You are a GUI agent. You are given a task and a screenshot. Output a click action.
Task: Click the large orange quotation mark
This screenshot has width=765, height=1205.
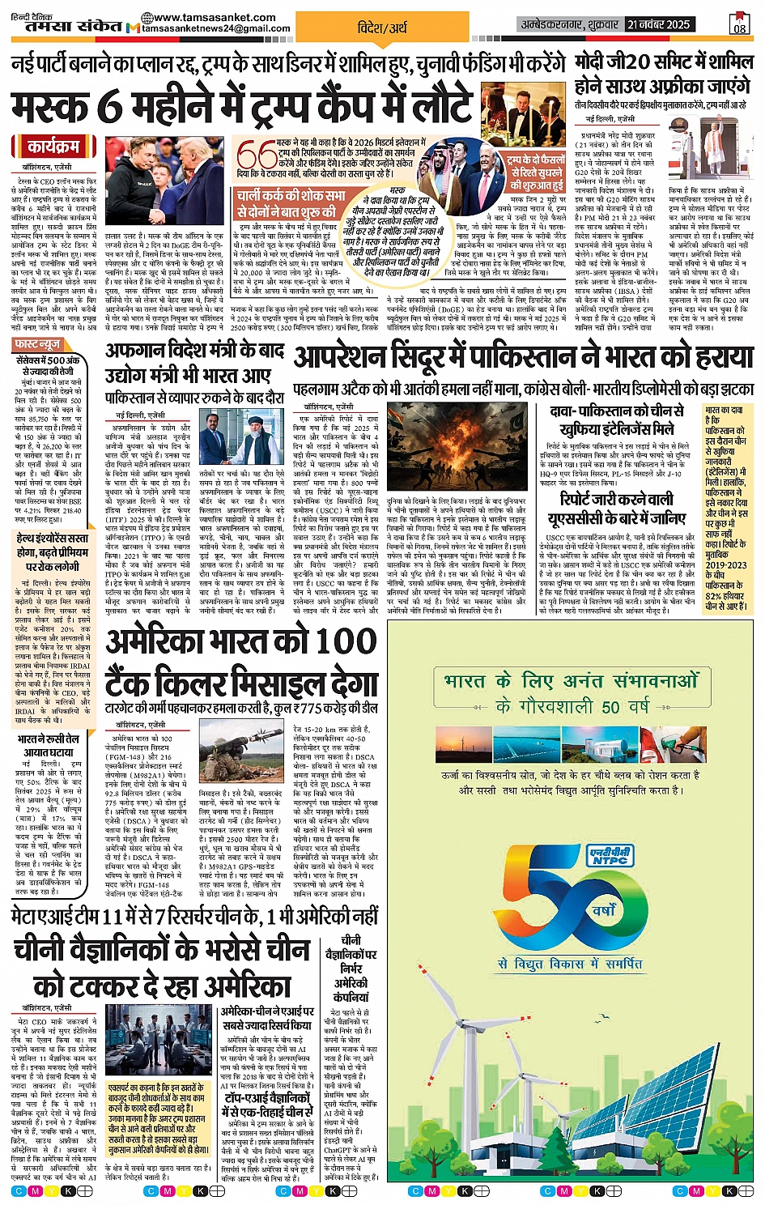tap(257, 154)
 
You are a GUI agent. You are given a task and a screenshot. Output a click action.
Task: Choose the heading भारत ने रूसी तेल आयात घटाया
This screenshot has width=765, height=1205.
tap(49, 745)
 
